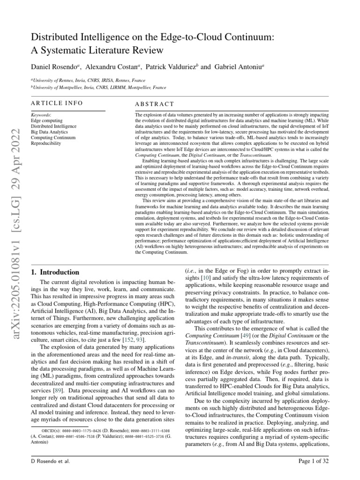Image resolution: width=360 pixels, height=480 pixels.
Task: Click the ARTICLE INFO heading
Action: (x=57, y=103)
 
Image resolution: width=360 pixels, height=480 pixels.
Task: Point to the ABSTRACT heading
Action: (x=154, y=104)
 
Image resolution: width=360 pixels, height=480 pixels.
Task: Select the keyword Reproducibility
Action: (x=46, y=143)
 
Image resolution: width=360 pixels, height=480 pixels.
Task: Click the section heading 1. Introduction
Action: (x=55, y=272)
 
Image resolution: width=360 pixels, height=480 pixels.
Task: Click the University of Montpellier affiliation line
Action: (x=98, y=87)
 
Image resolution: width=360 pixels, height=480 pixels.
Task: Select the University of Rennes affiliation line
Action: (x=89, y=80)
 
